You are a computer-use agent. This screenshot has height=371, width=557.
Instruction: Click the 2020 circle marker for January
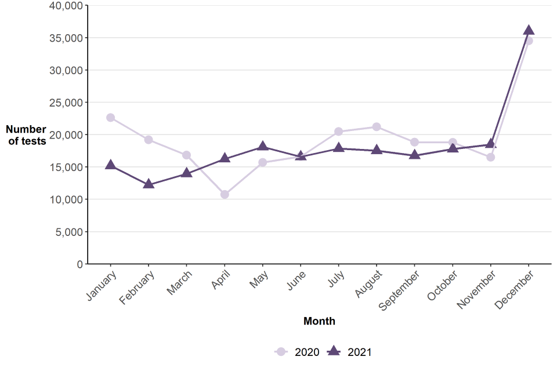110,118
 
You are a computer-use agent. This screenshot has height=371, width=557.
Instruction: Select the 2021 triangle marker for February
149,184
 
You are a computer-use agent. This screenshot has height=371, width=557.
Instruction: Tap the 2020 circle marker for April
225,194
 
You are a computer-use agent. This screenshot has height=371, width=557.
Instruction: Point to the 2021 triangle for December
529,30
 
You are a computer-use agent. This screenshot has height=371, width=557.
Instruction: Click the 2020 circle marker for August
377,127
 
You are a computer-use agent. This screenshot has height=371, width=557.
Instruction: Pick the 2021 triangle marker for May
263,147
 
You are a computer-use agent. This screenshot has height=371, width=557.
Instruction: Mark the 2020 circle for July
338,132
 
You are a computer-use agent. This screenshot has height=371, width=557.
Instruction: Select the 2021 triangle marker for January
110,165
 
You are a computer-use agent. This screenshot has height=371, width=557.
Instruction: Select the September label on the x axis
400,290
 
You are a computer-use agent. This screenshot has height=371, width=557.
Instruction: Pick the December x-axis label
515,289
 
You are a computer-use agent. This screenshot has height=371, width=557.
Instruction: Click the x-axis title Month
319,321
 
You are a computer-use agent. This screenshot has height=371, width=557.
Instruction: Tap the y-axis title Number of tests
26,135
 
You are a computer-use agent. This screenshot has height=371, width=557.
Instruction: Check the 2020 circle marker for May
263,162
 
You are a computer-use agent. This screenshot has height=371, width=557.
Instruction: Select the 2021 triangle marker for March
186,173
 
